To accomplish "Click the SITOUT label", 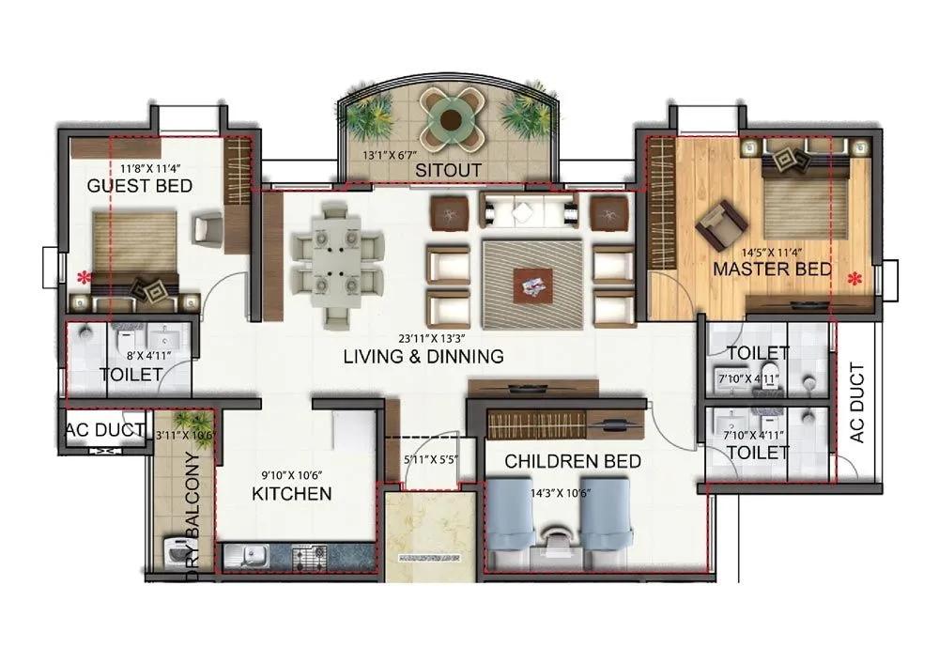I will click(449, 171).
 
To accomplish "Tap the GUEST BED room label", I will click(139, 186).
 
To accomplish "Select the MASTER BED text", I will click(772, 270).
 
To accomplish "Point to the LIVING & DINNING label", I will click(423, 357).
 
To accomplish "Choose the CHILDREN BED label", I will click(573, 461).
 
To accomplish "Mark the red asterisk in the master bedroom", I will click(854, 279).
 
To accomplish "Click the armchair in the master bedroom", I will click(720, 223).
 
